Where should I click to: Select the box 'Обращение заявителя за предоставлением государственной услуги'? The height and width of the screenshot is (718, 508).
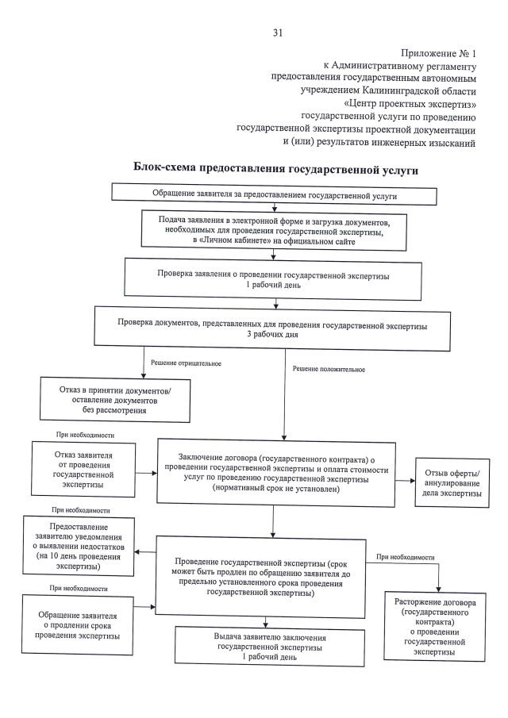[x=274, y=195]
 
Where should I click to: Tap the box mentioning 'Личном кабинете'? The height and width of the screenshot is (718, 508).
[x=274, y=230]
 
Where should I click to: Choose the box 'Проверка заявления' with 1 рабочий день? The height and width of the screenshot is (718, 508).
[x=273, y=280]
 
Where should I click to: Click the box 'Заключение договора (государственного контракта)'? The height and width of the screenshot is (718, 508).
[x=275, y=472]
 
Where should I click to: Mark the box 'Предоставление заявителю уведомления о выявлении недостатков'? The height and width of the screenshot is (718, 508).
[x=78, y=545]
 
